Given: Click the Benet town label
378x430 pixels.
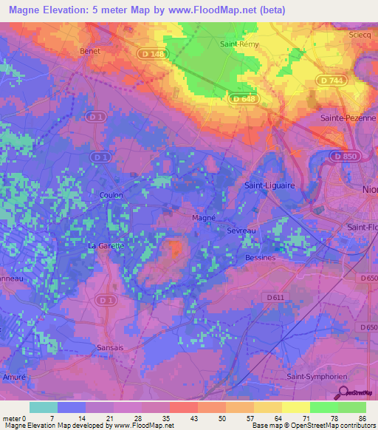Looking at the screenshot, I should [x=89, y=51].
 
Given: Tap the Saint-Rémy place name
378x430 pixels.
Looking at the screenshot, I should [x=238, y=44].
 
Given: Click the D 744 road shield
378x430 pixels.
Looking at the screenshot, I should [x=334, y=80].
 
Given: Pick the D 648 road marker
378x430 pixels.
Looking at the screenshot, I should [x=243, y=98].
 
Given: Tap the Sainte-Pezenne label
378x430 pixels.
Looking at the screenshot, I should [x=348, y=117].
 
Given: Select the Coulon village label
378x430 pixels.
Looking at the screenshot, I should [x=111, y=195].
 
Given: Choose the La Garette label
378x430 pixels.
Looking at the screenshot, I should [x=107, y=245].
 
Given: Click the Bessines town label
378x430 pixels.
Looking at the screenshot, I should [x=260, y=258].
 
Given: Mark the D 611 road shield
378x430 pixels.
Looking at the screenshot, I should [x=275, y=296].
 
